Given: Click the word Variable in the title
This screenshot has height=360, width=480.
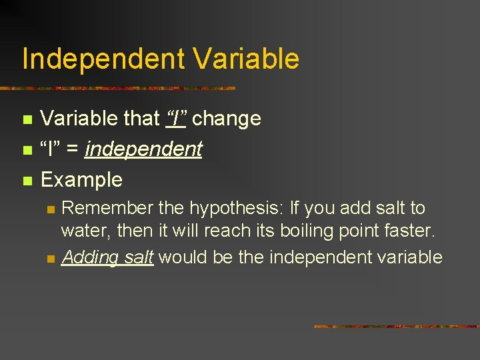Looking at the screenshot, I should [x=247, y=59].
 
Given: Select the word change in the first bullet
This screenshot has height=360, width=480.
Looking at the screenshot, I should [x=227, y=119].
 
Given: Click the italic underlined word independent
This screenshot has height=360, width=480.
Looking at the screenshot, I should [x=143, y=149].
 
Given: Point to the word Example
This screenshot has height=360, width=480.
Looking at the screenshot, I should [x=81, y=179].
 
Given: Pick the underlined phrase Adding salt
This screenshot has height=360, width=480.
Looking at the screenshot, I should [x=107, y=257].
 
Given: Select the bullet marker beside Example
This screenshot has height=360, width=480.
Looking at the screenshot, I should [x=27, y=180].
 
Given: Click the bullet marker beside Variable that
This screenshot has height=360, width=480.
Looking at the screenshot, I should [x=27, y=119].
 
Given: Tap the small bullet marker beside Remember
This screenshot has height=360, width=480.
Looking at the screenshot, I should [x=49, y=209].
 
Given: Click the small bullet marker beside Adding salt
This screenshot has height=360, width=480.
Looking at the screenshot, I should [x=49, y=257].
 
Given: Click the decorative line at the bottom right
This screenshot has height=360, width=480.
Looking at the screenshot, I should [x=396, y=327].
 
